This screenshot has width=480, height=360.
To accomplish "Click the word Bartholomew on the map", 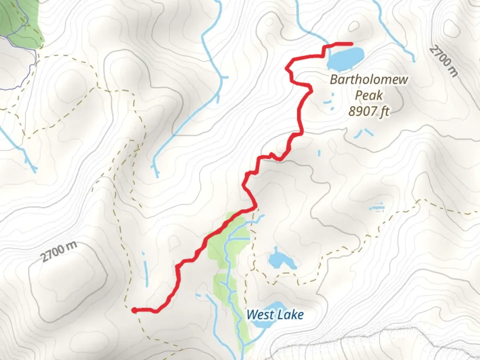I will point(369,80).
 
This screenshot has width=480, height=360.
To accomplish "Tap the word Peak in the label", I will point(369,95).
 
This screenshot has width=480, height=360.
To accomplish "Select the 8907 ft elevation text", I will point(369,111).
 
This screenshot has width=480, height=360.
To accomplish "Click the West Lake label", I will point(275,314).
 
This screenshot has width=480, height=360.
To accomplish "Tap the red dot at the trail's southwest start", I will point(134,310).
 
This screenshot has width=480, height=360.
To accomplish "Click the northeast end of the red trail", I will point(351,44).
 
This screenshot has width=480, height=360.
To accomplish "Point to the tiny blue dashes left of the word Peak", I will point(329,102).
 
